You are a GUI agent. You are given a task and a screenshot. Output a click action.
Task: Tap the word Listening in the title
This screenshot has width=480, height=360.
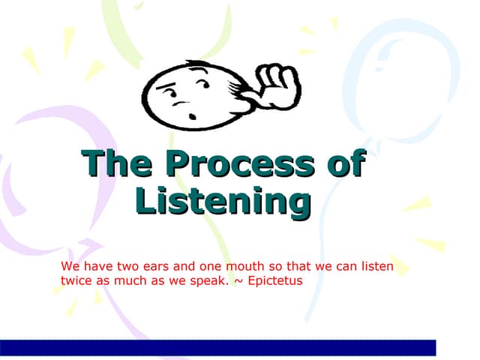[223, 201]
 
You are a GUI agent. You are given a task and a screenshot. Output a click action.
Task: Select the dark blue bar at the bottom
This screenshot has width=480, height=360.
[217, 347]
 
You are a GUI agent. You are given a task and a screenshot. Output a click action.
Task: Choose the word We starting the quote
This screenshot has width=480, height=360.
[70, 267]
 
